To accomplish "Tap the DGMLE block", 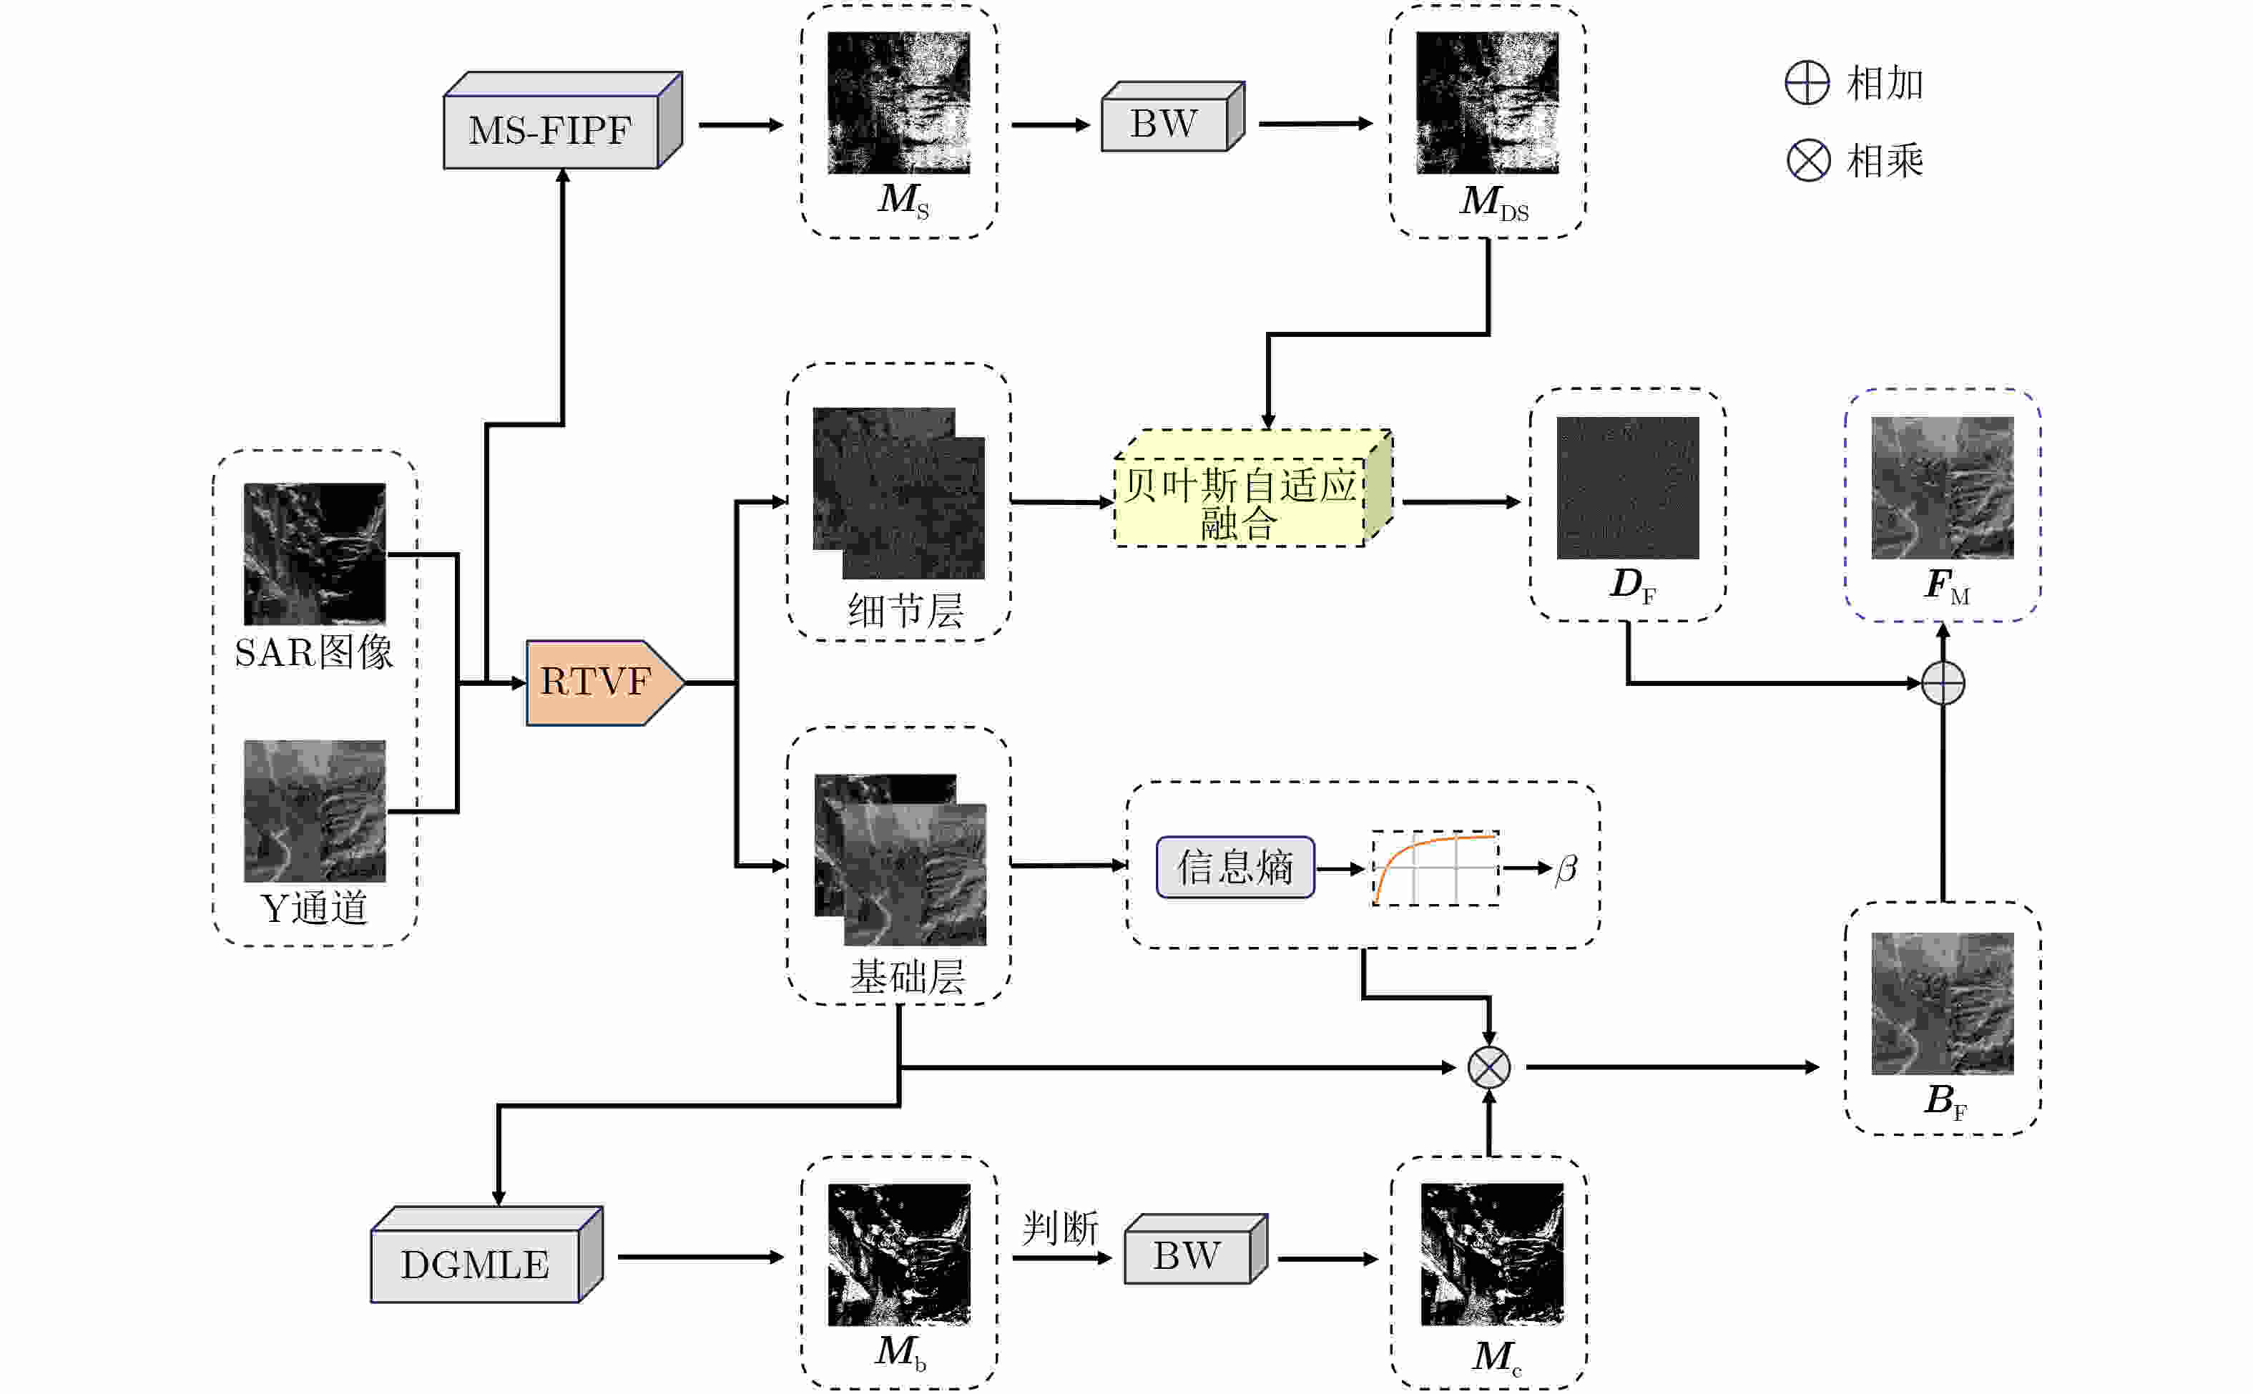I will coord(476,1263).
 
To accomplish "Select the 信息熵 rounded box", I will coord(1235,867).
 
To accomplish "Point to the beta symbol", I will coord(1566,868).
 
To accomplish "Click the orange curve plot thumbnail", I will coord(1434,868).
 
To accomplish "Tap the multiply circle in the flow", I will coord(1489,1068).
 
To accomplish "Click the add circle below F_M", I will coord(1943,683).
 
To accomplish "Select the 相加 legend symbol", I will coord(1807,83).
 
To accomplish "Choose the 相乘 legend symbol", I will coord(1807,160).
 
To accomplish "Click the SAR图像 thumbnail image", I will coord(315,553).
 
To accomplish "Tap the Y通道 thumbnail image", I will coord(315,810).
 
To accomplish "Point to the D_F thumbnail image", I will coord(1627,487).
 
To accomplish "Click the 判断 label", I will coord(1060,1228).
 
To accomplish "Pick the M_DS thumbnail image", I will coord(1487,102).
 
